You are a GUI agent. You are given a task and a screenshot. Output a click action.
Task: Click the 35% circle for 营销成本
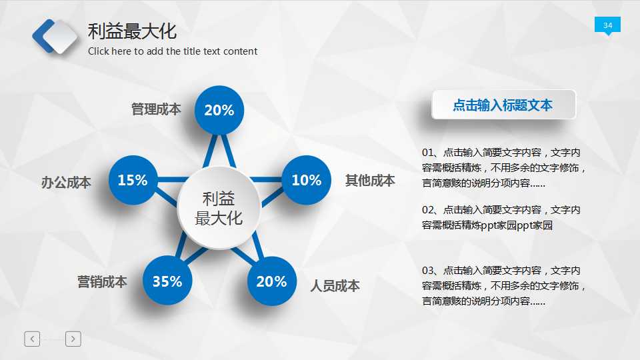point(167,281)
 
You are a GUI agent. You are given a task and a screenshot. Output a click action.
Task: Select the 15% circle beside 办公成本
point(133,180)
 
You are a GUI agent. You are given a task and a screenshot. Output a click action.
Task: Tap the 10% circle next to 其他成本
point(307,180)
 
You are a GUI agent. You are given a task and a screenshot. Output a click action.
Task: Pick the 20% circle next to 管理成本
point(219,111)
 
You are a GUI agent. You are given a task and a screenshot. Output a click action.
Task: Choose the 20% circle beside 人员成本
point(271,281)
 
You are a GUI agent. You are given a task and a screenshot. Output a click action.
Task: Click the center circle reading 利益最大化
point(219,208)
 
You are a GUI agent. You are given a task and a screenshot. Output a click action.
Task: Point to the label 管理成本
point(156,109)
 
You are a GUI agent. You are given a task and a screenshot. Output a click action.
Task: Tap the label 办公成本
point(66,182)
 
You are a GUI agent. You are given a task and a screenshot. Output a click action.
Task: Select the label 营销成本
point(102,282)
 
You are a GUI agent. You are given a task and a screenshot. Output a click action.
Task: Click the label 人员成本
point(335,286)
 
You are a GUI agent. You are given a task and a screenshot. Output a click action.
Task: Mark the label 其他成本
point(370,180)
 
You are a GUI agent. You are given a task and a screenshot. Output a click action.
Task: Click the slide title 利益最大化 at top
point(132,31)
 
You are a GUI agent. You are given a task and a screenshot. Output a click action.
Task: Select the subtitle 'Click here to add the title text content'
point(173,51)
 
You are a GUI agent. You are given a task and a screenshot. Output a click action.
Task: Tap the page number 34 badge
point(607,25)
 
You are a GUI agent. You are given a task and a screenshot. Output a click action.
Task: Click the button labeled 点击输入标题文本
point(503,105)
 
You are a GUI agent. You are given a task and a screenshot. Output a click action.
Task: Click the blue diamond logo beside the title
point(55,36)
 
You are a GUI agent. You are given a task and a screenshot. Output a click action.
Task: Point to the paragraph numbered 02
point(501,217)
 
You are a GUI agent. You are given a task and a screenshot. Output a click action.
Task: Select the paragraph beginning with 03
point(504,285)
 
